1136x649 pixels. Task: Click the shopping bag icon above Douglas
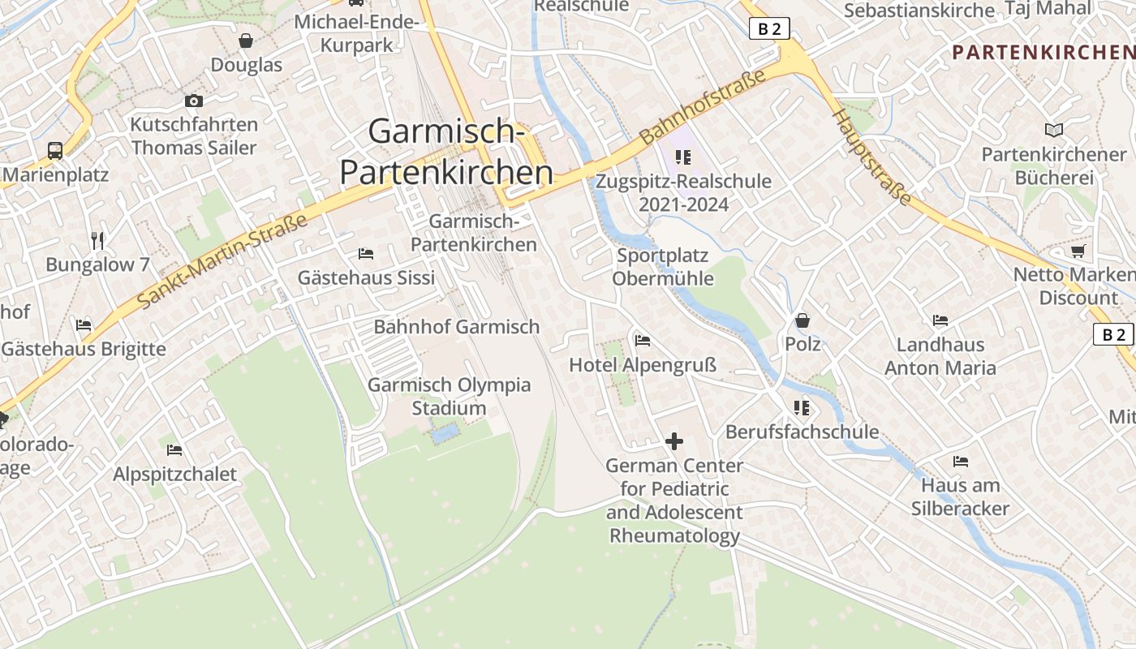[x=246, y=41]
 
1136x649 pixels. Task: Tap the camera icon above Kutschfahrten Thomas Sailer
[x=193, y=101]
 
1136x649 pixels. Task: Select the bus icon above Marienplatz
[x=55, y=151]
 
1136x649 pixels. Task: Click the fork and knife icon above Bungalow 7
[x=98, y=240]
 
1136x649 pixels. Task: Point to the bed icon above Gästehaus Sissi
[x=366, y=254]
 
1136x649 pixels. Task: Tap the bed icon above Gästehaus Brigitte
[x=84, y=325]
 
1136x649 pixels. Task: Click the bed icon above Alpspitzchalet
[x=174, y=449]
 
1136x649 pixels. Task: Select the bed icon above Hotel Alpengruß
[x=643, y=341]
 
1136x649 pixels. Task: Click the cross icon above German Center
[x=674, y=441]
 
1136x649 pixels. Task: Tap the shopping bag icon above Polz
[x=803, y=320]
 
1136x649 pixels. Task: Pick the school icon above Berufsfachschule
[x=802, y=407]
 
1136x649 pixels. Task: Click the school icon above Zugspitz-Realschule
[x=682, y=157]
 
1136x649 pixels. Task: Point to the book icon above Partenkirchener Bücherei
[x=1053, y=130]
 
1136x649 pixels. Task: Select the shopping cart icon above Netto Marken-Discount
[x=1078, y=251]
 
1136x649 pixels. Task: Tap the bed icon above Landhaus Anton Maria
[x=940, y=320]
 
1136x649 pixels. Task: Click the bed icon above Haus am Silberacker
[x=961, y=462]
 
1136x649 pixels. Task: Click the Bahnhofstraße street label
[x=703, y=107]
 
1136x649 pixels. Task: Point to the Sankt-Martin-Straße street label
[x=222, y=261]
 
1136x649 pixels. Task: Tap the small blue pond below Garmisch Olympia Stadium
[x=445, y=434]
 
